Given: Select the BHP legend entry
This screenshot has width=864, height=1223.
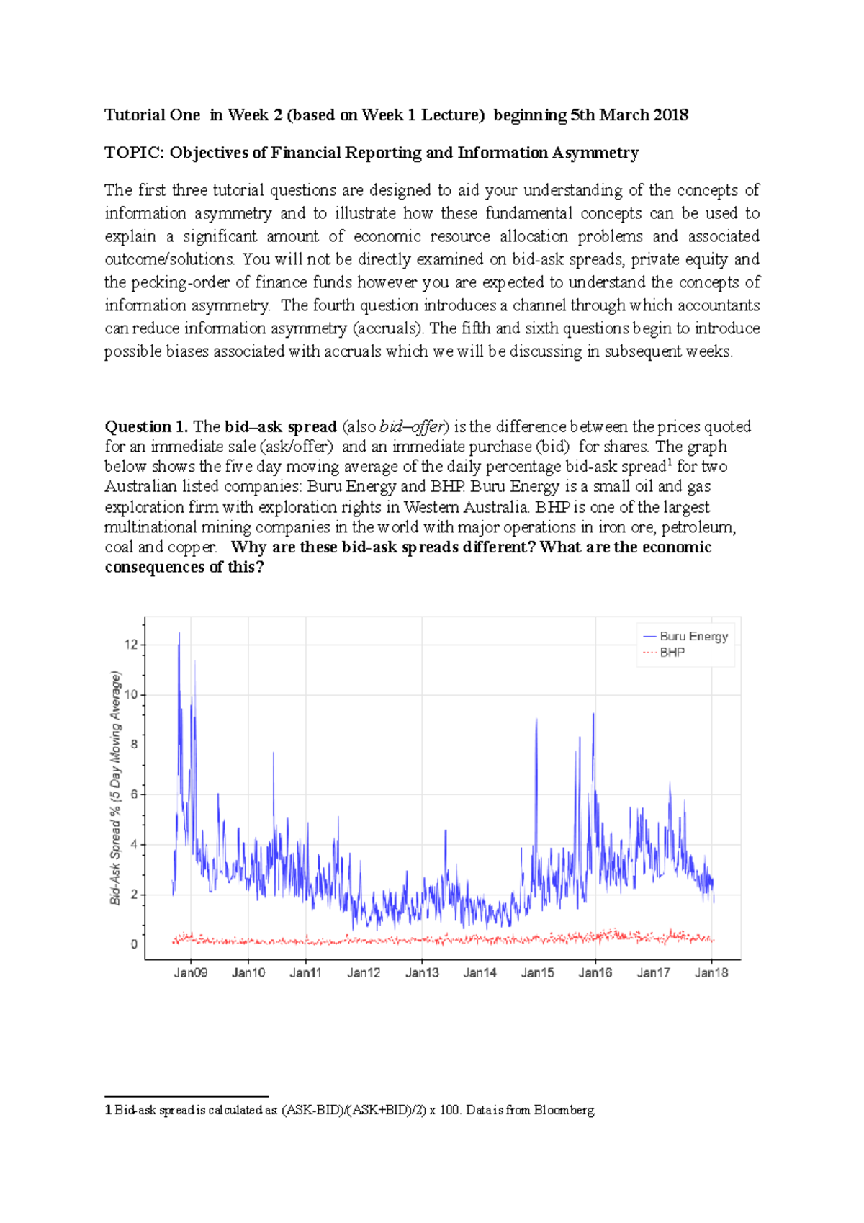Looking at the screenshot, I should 672,653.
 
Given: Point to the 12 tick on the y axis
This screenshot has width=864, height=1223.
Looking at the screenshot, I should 130,645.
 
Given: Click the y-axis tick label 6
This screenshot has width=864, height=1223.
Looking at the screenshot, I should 133,794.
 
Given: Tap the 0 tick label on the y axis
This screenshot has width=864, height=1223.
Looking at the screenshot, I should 134,944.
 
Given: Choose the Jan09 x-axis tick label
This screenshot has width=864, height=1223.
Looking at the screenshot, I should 191,973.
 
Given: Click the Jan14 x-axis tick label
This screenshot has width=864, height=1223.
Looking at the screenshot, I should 480,973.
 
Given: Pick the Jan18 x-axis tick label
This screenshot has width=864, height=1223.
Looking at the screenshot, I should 711,973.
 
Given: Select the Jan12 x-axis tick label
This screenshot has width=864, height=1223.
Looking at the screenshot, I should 364,973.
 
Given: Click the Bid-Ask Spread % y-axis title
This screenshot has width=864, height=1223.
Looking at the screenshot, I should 115,788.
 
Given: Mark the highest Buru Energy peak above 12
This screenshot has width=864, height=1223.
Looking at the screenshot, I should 179,634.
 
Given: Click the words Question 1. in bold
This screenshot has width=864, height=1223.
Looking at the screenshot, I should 146,426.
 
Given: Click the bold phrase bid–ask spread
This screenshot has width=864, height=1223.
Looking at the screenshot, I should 281,426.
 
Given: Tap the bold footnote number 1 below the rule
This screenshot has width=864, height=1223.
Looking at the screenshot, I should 108,1110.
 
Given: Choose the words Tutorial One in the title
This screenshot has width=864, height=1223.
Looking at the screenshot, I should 152,115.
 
